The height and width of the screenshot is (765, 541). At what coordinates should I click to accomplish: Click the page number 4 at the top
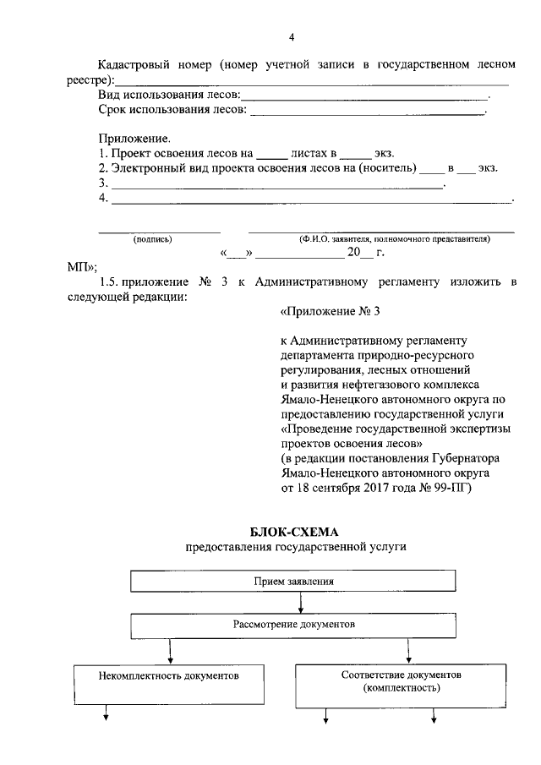(x=292, y=37)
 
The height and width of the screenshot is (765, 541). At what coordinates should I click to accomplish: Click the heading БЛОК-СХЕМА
(x=292, y=532)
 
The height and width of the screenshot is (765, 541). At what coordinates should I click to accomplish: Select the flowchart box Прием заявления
(x=292, y=582)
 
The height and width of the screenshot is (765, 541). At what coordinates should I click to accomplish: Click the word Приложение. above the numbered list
(x=134, y=138)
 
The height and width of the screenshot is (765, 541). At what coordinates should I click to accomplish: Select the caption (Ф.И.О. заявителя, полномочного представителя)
(x=393, y=239)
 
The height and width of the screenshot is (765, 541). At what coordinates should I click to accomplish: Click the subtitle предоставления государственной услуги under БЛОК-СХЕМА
(x=296, y=547)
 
